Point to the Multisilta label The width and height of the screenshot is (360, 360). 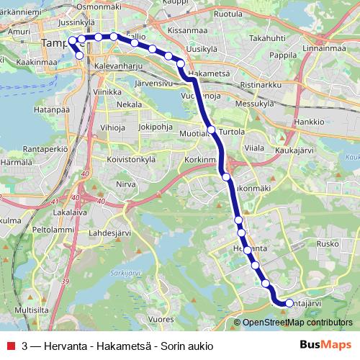(x=31, y=310)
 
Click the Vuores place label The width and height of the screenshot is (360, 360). (x=160, y=317)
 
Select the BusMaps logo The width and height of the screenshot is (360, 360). (x=325, y=345)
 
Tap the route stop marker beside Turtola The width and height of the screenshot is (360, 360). (x=211, y=130)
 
